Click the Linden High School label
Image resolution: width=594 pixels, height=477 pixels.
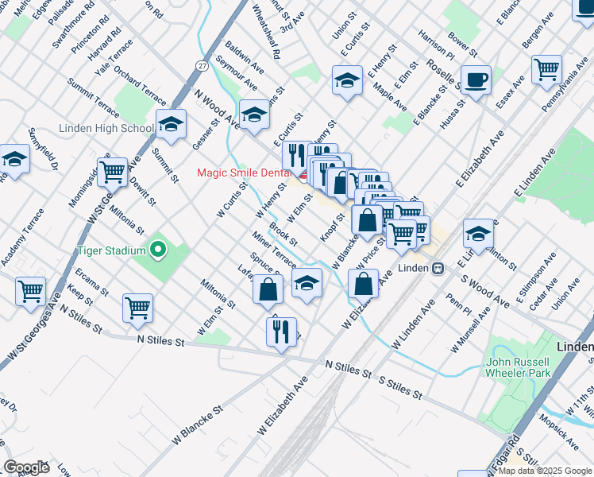(106, 129)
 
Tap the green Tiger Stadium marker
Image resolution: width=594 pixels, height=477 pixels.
(158, 250)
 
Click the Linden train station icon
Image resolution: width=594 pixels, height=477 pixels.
(438, 268)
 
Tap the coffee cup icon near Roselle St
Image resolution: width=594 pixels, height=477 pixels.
(476, 80)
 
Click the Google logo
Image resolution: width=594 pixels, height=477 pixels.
(26, 467)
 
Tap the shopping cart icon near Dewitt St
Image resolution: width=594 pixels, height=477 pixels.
(112, 170)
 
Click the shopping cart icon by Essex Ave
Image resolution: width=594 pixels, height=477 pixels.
(546, 68)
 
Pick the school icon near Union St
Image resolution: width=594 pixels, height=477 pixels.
(347, 79)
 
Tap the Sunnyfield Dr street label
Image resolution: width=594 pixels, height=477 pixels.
(43, 149)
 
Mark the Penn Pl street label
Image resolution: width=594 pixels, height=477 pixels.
(459, 305)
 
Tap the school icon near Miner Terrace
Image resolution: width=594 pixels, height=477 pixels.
(307, 282)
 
